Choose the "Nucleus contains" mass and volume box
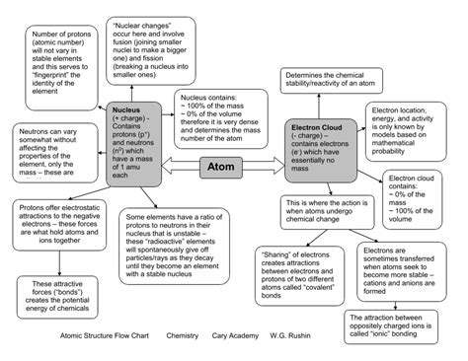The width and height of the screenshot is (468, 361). tap(223, 114)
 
